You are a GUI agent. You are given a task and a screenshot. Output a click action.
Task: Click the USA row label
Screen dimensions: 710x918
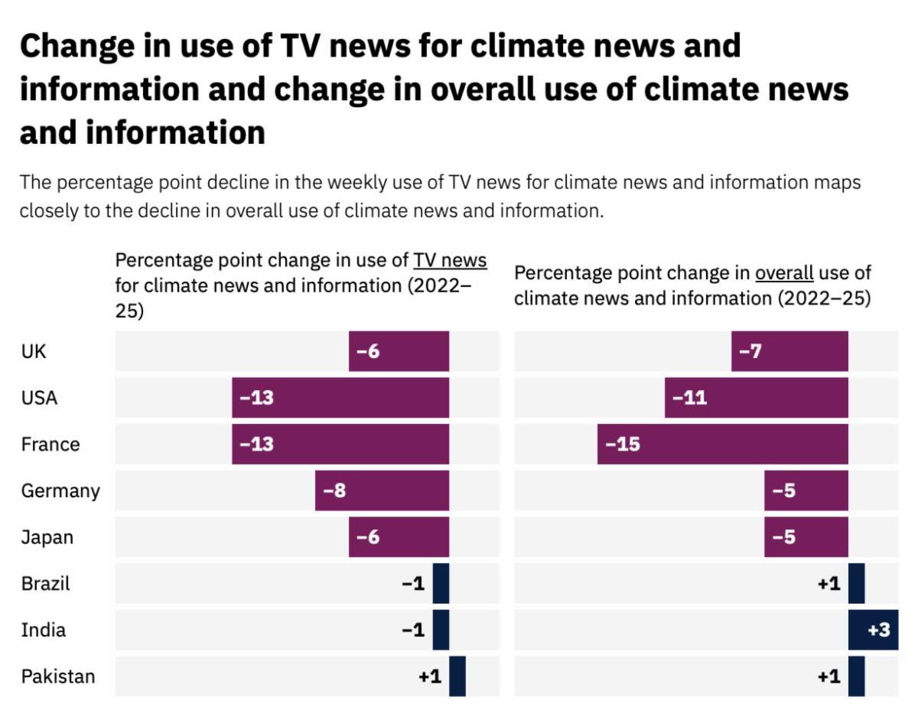tap(39, 398)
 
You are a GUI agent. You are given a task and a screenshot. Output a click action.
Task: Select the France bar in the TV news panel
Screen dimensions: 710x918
tap(340, 444)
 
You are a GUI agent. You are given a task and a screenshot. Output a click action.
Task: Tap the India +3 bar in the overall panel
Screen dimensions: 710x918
tap(873, 630)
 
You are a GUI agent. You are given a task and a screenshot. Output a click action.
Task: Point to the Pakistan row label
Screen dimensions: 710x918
tap(58, 676)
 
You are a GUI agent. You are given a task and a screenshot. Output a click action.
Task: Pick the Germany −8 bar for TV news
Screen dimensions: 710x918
tap(382, 490)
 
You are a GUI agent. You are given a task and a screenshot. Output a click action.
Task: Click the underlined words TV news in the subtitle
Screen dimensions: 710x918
tap(450, 260)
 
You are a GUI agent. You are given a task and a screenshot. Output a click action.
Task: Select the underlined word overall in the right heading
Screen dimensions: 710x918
tap(784, 273)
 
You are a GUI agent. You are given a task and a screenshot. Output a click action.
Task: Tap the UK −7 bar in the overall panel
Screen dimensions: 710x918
tap(789, 351)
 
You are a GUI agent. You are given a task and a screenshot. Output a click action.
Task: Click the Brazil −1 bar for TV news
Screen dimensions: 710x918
tap(441, 583)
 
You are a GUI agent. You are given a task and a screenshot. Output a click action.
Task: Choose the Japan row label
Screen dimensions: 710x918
tap(47, 537)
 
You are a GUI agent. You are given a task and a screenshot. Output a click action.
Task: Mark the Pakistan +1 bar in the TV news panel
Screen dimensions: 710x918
tap(457, 676)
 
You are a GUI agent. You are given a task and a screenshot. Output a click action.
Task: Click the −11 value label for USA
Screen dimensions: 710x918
tap(690, 398)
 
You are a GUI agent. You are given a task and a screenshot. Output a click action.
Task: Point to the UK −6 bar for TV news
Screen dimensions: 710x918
tap(399, 351)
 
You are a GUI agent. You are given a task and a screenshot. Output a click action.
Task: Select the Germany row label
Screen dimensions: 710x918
tap(60, 490)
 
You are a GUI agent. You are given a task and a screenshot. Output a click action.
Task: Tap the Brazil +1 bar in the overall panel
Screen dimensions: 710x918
tap(857, 583)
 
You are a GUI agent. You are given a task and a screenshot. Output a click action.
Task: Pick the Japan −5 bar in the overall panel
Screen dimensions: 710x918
tap(806, 537)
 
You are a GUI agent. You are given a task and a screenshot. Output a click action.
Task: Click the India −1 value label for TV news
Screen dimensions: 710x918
tap(413, 630)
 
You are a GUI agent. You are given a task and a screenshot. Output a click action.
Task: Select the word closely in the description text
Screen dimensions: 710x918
tap(50, 210)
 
